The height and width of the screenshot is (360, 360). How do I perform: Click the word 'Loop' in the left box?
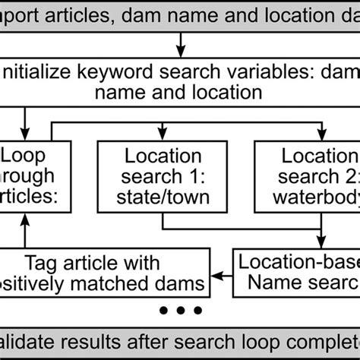(25, 156)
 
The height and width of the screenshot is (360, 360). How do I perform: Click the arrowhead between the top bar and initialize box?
(180, 50)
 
